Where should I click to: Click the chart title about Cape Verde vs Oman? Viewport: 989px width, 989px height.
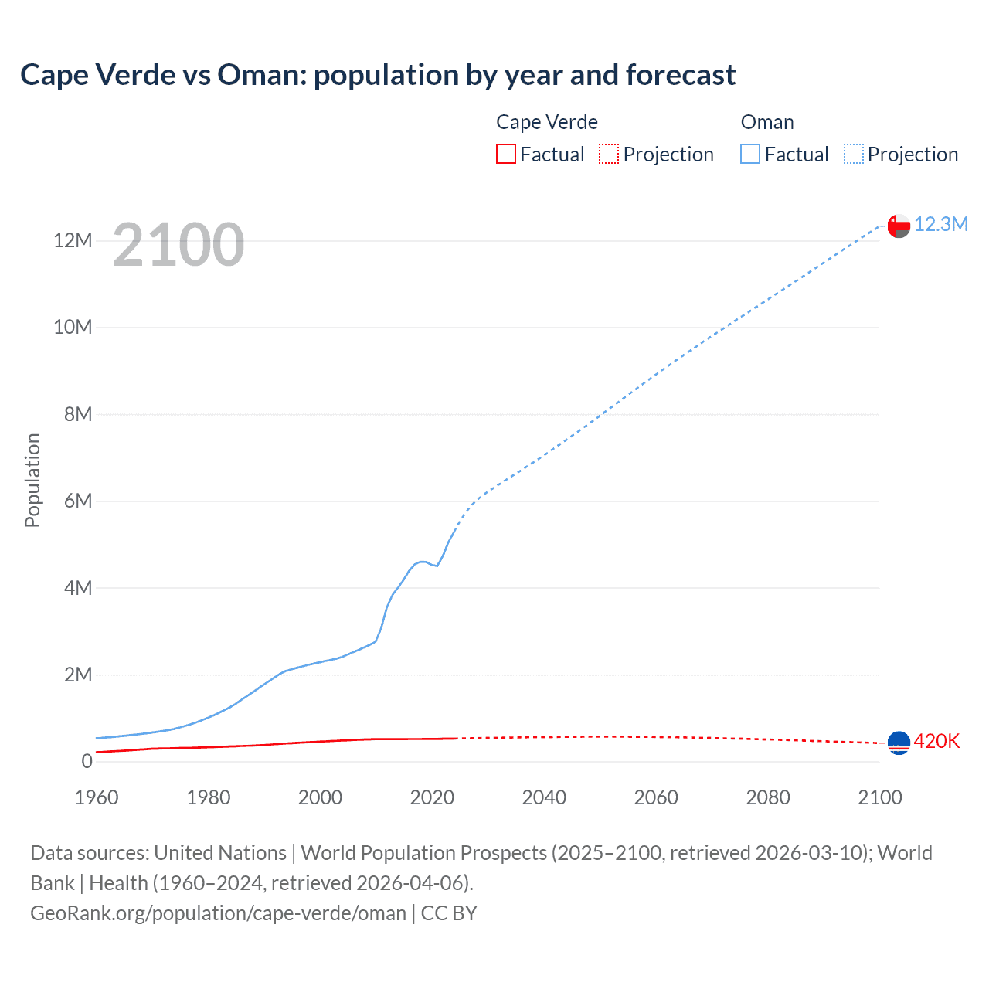click(x=378, y=75)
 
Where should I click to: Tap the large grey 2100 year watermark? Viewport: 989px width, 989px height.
click(x=178, y=245)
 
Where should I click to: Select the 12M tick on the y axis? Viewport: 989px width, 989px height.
click(x=73, y=240)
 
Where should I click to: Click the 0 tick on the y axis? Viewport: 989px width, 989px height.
click(x=87, y=761)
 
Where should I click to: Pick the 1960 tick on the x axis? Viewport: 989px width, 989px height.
click(x=97, y=797)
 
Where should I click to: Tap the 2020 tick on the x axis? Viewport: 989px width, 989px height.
click(x=432, y=797)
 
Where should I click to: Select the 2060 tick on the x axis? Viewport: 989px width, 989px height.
click(x=656, y=797)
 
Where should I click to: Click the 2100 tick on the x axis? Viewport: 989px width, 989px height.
click(x=880, y=797)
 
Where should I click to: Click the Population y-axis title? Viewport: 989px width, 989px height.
click(x=32, y=480)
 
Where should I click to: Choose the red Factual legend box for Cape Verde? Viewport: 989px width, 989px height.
click(x=506, y=155)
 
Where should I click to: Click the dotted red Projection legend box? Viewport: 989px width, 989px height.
click(x=609, y=155)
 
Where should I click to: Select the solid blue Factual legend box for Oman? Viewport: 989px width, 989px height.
click(x=750, y=155)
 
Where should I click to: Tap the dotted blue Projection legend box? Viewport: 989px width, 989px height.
click(x=854, y=155)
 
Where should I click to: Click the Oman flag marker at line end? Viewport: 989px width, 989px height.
click(x=899, y=226)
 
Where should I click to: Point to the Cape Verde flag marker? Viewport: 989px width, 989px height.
click(x=899, y=743)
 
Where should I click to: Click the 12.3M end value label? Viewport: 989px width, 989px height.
click(x=941, y=224)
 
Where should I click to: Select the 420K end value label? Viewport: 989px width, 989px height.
click(x=936, y=742)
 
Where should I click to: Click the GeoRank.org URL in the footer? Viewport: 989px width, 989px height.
click(x=218, y=913)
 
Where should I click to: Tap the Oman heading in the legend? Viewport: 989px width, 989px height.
click(x=767, y=122)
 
